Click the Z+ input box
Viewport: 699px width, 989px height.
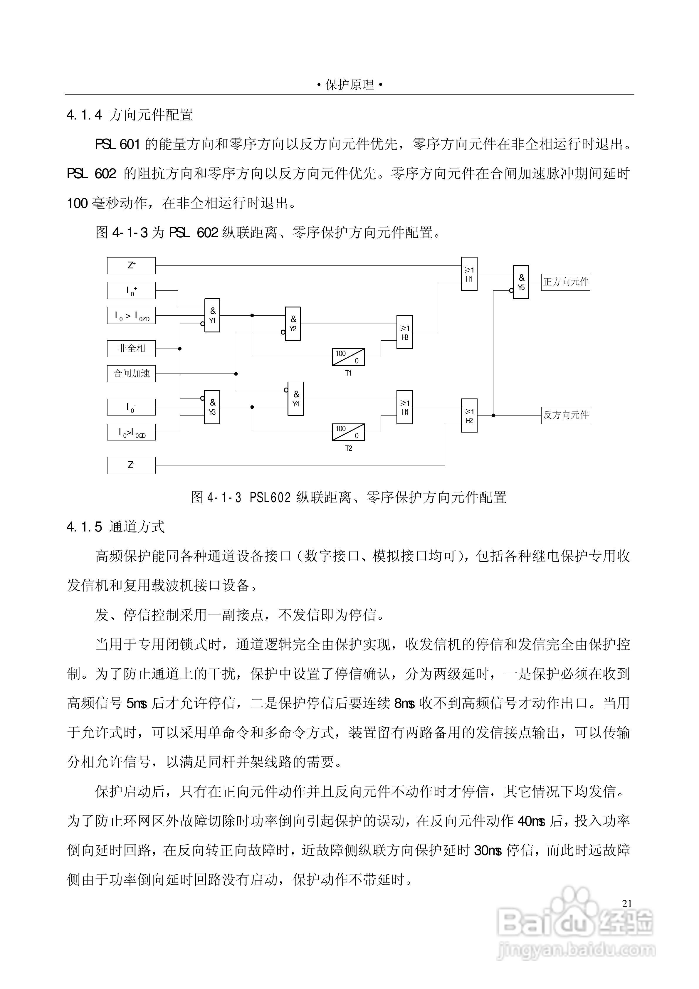(x=131, y=265)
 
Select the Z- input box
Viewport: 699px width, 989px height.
(x=131, y=465)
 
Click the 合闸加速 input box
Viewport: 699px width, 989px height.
(x=131, y=374)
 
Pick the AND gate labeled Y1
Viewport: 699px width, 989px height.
(x=212, y=315)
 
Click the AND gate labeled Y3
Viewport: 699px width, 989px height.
(x=212, y=407)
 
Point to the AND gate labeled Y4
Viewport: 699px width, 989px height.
(x=296, y=399)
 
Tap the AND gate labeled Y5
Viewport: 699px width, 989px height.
(x=521, y=282)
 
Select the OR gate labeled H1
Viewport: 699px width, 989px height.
(x=469, y=274)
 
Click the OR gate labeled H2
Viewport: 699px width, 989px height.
(x=469, y=416)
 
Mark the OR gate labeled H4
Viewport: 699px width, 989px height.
(x=405, y=407)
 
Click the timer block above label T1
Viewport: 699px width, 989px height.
(x=348, y=357)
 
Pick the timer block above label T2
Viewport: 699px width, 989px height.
(x=348, y=432)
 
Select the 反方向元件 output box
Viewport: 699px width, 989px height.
(x=565, y=415)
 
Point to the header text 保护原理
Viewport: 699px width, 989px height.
(x=349, y=85)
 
